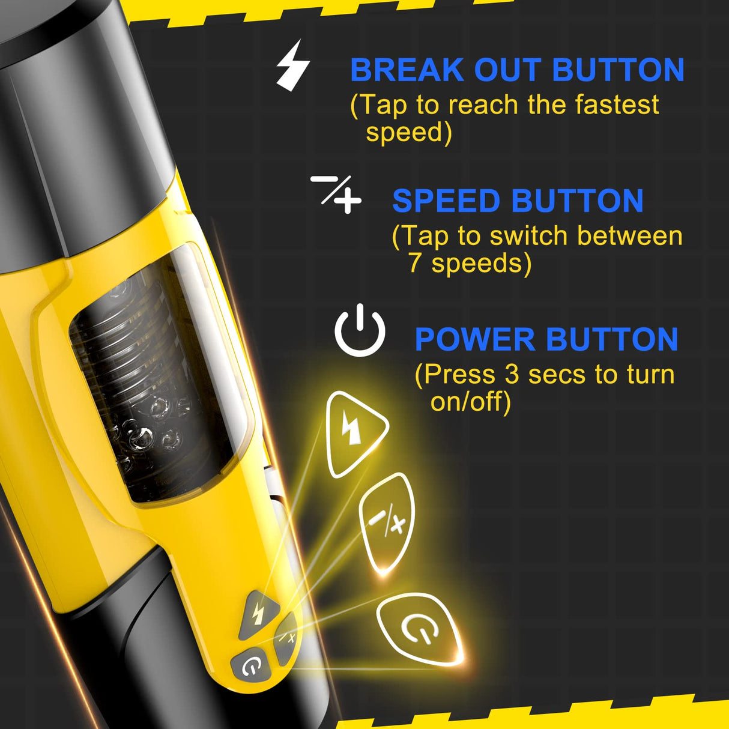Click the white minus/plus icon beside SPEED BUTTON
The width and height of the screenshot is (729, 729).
point(336,193)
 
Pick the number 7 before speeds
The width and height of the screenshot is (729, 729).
point(415,263)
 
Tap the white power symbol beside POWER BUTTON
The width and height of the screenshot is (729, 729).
point(360,331)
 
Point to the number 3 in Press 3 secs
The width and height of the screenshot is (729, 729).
point(512,374)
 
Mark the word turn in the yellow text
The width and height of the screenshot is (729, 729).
point(651,374)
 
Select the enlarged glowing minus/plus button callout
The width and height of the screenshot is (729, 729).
point(387,522)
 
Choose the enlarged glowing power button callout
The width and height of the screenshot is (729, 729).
point(420,629)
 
